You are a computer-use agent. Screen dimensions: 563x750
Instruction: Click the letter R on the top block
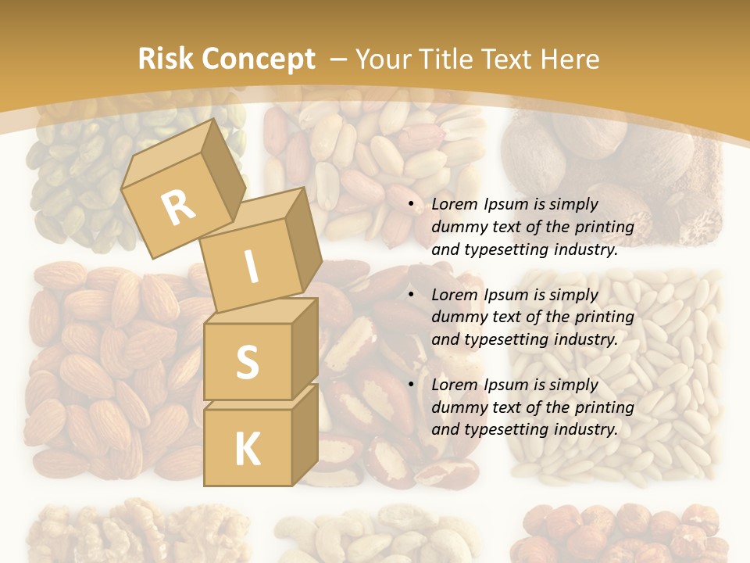[179, 207]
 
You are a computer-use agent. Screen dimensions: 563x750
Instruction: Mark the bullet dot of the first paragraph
[411, 205]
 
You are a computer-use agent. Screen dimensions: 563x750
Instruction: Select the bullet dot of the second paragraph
[411, 296]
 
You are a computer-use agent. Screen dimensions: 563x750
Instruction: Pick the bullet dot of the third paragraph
[411, 385]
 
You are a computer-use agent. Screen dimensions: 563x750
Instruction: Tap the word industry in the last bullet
[585, 429]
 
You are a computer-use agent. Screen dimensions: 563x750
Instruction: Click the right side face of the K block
[305, 434]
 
